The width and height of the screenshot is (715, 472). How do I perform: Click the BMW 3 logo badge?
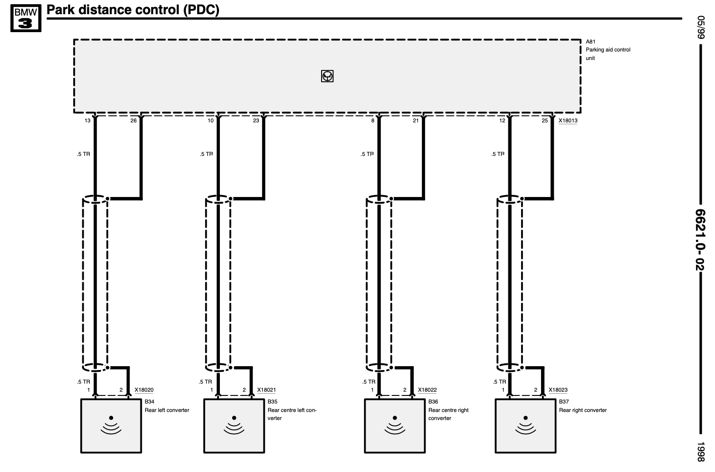(x=26, y=18)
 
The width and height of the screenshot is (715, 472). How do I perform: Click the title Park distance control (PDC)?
(x=133, y=10)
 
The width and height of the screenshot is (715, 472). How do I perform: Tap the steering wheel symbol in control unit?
(x=327, y=76)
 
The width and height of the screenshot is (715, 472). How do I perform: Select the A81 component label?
(x=590, y=42)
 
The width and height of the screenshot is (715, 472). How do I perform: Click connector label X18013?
(x=567, y=120)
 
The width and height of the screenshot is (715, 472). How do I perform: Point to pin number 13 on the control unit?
(x=87, y=120)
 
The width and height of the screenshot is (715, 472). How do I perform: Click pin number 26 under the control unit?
(x=133, y=120)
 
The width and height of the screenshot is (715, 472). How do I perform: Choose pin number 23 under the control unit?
(x=256, y=120)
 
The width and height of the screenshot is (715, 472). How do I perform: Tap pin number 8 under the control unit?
(x=373, y=120)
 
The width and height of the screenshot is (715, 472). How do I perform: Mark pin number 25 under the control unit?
(x=545, y=120)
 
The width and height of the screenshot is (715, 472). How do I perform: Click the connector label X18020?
(x=144, y=390)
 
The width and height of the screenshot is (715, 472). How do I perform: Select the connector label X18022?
(x=427, y=390)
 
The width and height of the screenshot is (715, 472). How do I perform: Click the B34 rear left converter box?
(x=111, y=426)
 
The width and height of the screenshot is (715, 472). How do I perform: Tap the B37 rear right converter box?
(x=525, y=426)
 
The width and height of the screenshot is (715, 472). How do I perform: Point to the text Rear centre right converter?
(x=448, y=414)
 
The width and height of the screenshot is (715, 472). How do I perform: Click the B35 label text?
(x=272, y=402)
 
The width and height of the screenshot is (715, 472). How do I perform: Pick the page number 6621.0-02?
(x=700, y=240)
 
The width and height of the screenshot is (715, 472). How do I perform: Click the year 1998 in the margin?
(x=700, y=451)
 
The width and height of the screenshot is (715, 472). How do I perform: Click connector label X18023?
(x=558, y=390)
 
